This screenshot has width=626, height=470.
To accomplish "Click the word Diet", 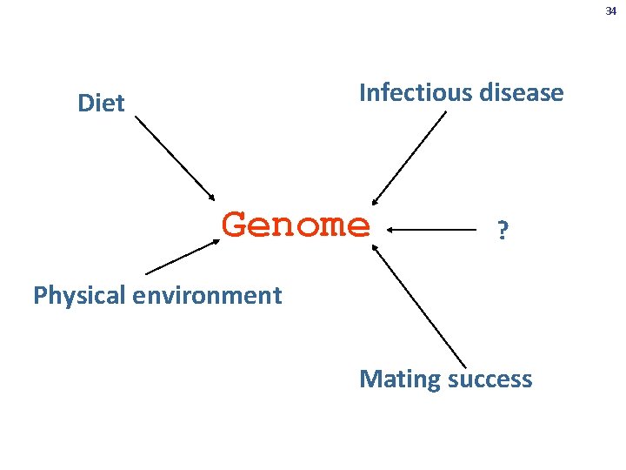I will (x=101, y=104).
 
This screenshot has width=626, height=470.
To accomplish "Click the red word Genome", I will (x=296, y=225).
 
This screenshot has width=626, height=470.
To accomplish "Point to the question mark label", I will (x=502, y=231).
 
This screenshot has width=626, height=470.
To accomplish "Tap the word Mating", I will (x=397, y=379).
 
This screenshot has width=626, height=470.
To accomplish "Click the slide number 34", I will (x=609, y=11).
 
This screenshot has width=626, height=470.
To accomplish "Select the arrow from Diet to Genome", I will (x=174, y=156).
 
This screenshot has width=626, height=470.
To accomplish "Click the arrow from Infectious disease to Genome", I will (x=409, y=158).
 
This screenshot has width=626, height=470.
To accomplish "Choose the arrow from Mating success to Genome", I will (x=419, y=305).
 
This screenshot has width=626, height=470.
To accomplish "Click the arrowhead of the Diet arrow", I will (x=211, y=197).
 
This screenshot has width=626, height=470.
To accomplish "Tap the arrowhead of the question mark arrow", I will (x=391, y=230).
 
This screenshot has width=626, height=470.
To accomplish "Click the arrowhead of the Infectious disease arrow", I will (x=375, y=202).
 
